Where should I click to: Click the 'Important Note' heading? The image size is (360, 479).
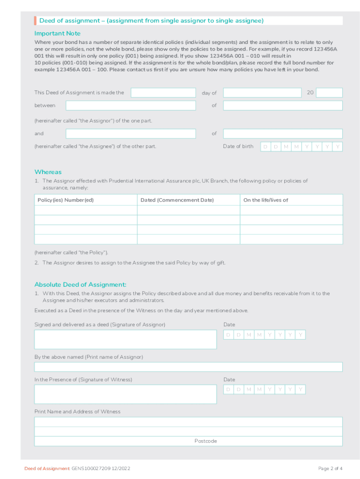pyautogui.click(x=58, y=33)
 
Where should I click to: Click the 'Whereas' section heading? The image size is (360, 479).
pyautogui.click(x=48, y=172)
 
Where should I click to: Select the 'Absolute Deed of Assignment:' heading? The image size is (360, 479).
pyautogui.click(x=80, y=284)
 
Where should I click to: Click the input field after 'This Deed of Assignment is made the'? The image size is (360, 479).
pyautogui.click(x=163, y=93)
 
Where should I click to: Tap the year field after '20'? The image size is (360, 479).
pyautogui.click(x=329, y=93)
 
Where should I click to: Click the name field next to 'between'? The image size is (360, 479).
pyautogui.click(x=130, y=106)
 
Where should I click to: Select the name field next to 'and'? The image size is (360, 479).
pyautogui.click(x=130, y=134)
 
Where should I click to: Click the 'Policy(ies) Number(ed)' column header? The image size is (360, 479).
pyautogui.click(x=65, y=200)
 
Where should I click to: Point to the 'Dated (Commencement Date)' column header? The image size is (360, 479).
pyautogui.click(x=177, y=200)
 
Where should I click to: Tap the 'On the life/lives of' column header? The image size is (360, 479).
pyautogui.click(x=266, y=200)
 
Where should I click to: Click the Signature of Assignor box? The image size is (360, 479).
pyautogui.click(x=125, y=340)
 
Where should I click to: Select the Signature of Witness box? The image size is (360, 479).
pyautogui.click(x=125, y=394)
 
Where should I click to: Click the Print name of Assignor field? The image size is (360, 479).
pyautogui.click(x=188, y=367)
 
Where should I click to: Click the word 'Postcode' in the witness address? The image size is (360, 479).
pyautogui.click(x=206, y=441)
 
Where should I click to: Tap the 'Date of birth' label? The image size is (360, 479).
pyautogui.click(x=238, y=146)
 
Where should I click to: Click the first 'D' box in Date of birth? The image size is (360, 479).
pyautogui.click(x=266, y=147)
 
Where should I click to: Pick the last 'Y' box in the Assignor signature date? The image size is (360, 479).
pyautogui.click(x=301, y=335)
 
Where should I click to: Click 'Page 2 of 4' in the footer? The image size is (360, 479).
pyautogui.click(x=330, y=469)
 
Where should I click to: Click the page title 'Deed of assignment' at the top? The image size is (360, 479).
pyautogui.click(x=68, y=21)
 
